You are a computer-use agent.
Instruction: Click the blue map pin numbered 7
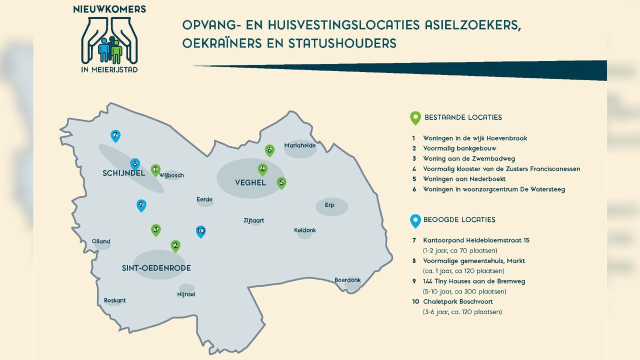pos(115,135)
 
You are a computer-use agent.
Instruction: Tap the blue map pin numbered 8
pos(134,164)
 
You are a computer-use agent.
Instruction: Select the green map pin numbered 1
pos(155,170)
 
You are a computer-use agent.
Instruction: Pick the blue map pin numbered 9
pos(141,205)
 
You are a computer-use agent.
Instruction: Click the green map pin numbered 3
pos(156,230)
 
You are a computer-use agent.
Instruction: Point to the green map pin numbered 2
pos(175,245)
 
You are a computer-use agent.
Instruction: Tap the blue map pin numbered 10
pos(200,231)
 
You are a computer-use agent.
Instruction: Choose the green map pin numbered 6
pos(269,150)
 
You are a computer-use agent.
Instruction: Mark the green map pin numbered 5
pos(281,183)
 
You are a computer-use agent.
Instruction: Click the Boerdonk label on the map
pos(347,280)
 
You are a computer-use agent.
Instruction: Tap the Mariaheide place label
pos(300,145)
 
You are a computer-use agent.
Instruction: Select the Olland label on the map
pos(101,241)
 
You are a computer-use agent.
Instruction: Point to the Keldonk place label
pos(305,230)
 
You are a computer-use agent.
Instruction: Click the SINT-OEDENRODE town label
pos(156,268)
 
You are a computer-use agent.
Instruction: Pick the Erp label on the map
pos(329,205)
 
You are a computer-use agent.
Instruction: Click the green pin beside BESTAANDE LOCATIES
pos(415,117)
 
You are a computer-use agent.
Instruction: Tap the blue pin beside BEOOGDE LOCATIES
pos(415,219)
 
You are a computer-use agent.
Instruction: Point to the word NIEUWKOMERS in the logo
pos(109,9)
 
